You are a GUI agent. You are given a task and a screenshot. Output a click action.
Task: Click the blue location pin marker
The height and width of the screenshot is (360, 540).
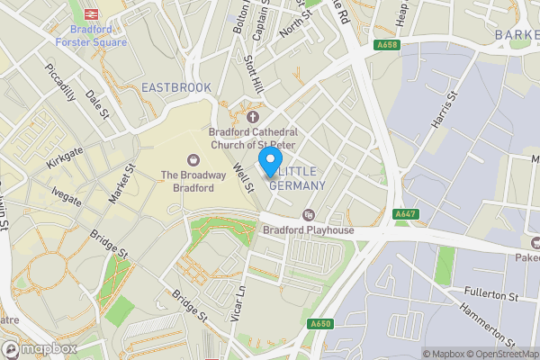point(269,162)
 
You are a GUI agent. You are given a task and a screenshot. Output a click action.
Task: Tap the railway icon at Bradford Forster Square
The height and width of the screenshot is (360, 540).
point(91,13)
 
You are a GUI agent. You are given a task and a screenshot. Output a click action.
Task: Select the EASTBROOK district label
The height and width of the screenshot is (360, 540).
point(176,87)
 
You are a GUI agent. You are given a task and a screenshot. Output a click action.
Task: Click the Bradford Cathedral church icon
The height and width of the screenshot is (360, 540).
point(252,116)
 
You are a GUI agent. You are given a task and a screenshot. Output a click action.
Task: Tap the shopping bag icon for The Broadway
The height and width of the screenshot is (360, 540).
point(193,159)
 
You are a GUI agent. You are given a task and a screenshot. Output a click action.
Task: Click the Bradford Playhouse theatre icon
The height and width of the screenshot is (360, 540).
point(309,214)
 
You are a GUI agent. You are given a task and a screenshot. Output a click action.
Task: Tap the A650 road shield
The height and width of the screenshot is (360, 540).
point(320,324)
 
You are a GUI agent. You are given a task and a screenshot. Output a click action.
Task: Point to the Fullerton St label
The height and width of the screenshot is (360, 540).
point(487,295)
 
